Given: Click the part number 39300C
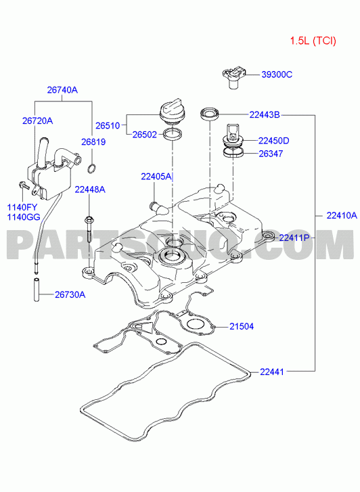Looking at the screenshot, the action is coord(277,74).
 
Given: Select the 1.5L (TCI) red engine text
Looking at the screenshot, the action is coord(313,41).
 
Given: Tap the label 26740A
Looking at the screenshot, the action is coord(62,90).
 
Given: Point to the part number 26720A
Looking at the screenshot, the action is coord(37,121).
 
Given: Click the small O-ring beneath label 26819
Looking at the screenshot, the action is coord(91,169).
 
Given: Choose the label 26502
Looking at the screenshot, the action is coord(144,135).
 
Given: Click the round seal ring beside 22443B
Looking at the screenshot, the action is coord(209,114).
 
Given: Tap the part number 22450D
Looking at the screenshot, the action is coord(273,141).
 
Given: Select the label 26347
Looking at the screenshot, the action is coord(271,154).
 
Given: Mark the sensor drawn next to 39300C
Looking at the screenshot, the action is coord(233,77).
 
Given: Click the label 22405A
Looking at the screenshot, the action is coord(156,177).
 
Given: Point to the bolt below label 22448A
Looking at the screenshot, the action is coord(89,229).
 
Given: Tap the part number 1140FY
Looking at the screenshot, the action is coord(22,207).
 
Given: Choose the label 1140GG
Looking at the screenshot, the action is coord(24,217).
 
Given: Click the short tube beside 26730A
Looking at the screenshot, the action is coord(37,289).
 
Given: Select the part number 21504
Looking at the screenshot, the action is coord(242,327).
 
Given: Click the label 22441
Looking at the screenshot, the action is coord(272,372).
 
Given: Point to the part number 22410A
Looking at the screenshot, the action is coord(342,216).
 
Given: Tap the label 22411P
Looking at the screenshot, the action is coord(294,238).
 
